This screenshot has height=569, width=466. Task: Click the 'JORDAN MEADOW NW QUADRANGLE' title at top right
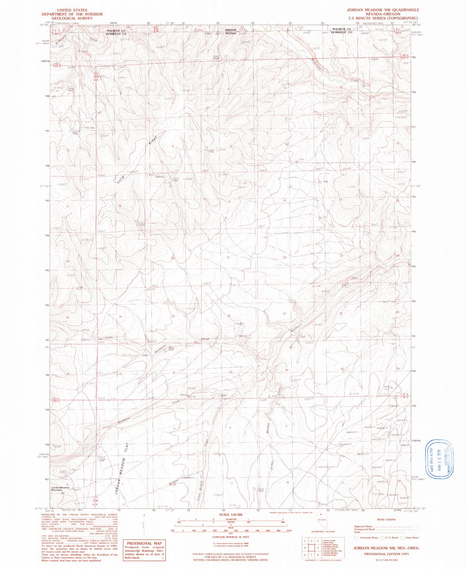[383, 10]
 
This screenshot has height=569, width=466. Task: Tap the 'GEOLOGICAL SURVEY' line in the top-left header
[72, 18]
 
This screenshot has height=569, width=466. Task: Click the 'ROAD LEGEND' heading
[386, 520]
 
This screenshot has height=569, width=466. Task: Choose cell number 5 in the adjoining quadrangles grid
[312, 548]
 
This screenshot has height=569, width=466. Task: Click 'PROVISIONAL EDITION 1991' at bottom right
[386, 554]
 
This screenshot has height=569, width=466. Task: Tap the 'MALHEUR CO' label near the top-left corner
[116, 31]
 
